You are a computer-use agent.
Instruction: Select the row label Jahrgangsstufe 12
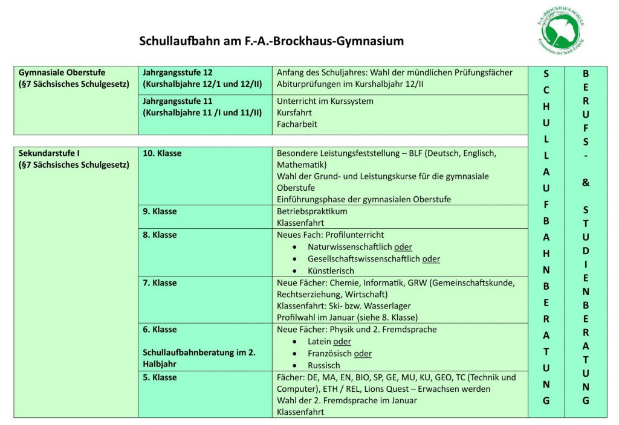click(x=178, y=72)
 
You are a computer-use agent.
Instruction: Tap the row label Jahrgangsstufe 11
click(x=178, y=101)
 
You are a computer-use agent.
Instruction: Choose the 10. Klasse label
click(x=162, y=153)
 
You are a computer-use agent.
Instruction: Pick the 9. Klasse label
click(x=160, y=211)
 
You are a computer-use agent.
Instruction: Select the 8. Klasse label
click(x=160, y=235)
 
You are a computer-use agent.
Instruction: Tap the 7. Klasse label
click(x=160, y=283)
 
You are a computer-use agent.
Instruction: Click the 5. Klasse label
click(x=160, y=377)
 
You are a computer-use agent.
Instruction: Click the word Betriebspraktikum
click(x=312, y=211)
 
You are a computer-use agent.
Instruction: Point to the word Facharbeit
click(x=297, y=124)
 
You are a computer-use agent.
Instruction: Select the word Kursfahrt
click(x=294, y=113)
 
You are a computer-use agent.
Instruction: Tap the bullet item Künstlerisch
click(x=331, y=271)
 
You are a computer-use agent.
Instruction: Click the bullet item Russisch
click(x=324, y=365)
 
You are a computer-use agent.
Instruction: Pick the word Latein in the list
click(x=320, y=342)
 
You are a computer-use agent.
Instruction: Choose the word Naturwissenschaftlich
click(x=350, y=247)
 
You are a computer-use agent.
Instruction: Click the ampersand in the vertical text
click(x=585, y=182)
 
